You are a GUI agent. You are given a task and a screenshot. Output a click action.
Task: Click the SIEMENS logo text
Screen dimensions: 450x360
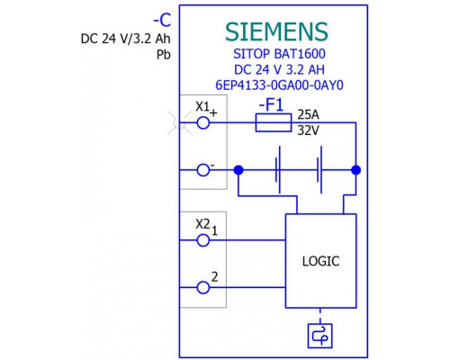point(276,31)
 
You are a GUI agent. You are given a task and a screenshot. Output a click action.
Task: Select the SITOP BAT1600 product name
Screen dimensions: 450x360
point(279,54)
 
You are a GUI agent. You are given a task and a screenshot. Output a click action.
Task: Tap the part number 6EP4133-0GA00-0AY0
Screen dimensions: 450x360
point(279,85)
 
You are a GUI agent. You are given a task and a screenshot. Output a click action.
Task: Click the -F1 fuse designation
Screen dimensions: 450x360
point(271,105)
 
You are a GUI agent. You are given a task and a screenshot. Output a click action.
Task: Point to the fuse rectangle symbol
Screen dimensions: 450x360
point(274,122)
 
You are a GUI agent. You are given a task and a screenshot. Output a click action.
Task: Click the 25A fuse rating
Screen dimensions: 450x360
point(308,114)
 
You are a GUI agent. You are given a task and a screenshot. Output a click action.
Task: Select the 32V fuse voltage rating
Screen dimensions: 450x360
point(308,130)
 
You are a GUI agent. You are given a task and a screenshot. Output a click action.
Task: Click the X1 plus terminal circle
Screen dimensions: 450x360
point(203,122)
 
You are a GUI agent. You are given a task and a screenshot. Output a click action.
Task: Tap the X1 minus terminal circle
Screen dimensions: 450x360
point(203,170)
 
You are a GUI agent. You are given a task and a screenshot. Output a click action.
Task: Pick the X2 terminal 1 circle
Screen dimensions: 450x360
point(203,240)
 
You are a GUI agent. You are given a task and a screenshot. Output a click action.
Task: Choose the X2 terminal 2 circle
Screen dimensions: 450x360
point(203,287)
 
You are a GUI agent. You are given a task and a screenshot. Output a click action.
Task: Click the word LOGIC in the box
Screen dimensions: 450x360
point(320,261)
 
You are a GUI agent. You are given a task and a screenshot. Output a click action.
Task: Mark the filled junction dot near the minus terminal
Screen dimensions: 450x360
point(238,170)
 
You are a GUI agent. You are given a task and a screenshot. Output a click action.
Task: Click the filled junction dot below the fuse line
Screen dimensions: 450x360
point(356,170)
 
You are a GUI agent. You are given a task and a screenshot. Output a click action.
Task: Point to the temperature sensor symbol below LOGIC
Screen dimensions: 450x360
point(320,336)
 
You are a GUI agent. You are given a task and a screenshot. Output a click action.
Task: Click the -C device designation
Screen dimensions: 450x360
point(162,21)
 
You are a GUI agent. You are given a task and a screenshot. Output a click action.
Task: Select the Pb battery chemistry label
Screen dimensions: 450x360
point(164,55)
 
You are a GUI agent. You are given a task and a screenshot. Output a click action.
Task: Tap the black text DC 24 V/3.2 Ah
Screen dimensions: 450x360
point(125,39)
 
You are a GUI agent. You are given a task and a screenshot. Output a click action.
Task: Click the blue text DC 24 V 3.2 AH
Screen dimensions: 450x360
point(279,69)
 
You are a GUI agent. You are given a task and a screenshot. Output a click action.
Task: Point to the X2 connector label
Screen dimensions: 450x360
point(202,224)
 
